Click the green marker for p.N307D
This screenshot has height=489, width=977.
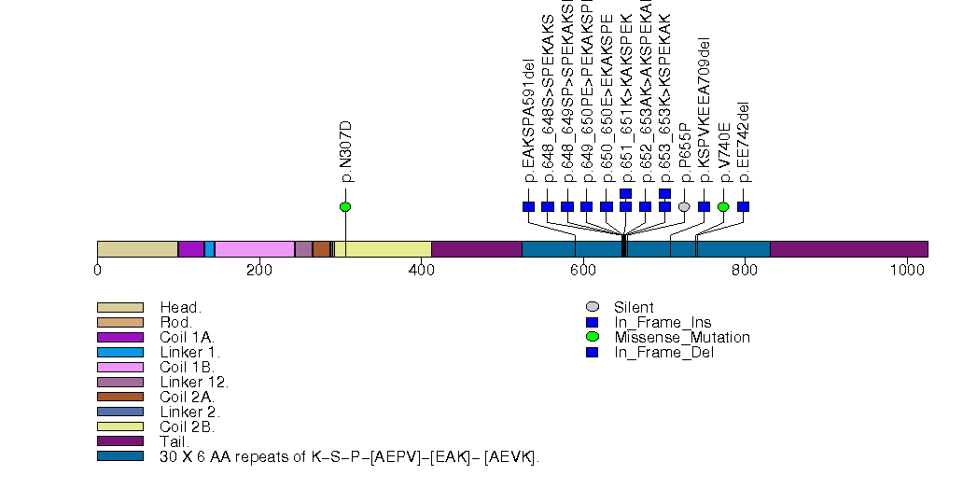tap(345, 206)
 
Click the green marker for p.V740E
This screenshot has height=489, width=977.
tap(723, 206)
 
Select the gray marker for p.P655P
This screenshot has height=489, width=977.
tap(684, 206)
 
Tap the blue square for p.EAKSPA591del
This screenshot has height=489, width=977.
tap(528, 206)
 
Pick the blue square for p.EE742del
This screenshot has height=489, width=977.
tap(743, 206)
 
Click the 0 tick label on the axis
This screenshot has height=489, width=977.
tap(97, 271)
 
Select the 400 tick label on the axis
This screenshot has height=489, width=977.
tap(421, 271)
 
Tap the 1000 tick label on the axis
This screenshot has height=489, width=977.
tap(906, 271)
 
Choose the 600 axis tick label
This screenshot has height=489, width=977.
tap(582, 271)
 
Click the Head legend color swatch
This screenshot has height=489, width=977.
tap(119, 307)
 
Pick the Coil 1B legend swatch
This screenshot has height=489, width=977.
tap(119, 367)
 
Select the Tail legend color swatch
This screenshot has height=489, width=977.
tap(119, 441)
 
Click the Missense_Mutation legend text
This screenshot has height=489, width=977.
tap(681, 337)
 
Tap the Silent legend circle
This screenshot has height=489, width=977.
tap(592, 307)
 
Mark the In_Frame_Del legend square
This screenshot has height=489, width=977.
tap(592, 352)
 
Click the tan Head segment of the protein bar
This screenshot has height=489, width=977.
tap(137, 248)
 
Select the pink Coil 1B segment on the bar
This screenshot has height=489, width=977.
tap(254, 248)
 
